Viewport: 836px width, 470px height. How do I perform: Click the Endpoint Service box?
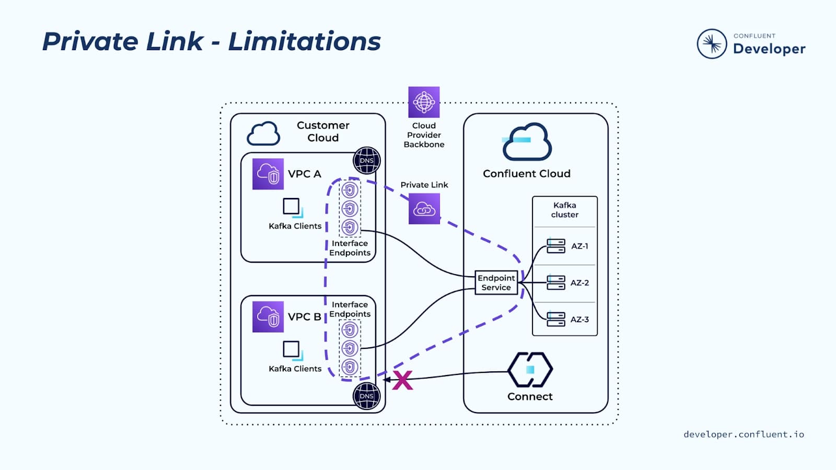[x=496, y=283]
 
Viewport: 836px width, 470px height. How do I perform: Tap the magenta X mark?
[x=402, y=380]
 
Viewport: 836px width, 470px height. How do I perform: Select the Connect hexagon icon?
[x=530, y=370]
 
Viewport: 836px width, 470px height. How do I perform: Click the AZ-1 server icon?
[x=555, y=246]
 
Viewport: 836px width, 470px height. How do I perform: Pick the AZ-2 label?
[x=579, y=283]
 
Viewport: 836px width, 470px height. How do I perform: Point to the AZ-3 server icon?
[x=555, y=319]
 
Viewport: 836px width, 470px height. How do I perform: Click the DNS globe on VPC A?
[x=367, y=161]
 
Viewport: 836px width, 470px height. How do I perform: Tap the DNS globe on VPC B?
[x=367, y=396]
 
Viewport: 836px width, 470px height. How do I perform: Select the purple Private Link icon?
[x=424, y=209]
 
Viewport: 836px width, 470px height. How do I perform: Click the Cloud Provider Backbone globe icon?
[x=424, y=102]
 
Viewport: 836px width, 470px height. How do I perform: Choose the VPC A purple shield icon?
[x=268, y=174]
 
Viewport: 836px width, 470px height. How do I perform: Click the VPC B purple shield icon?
[x=268, y=316]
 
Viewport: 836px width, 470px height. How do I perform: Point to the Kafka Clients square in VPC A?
[x=292, y=207]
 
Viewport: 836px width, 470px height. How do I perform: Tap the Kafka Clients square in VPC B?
[x=292, y=349]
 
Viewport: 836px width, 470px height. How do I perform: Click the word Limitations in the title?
[x=305, y=41]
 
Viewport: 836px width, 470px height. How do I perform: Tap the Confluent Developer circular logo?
[x=712, y=44]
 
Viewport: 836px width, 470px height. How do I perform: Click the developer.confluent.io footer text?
[x=744, y=434]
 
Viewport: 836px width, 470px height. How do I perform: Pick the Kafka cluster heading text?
[x=564, y=210]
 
